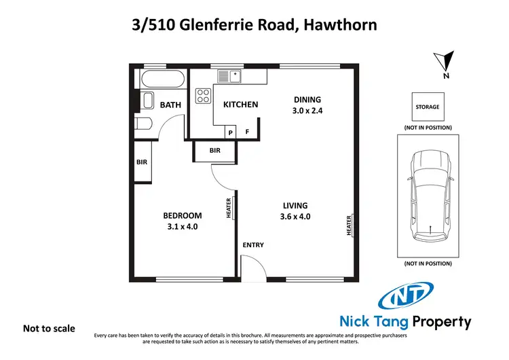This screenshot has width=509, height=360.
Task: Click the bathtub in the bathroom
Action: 160,80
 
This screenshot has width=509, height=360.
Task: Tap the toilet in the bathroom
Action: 143,123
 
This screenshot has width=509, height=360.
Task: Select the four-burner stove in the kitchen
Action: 204,96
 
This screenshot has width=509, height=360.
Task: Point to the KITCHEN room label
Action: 241,105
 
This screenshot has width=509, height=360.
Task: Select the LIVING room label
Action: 295,205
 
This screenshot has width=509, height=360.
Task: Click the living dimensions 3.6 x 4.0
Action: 295,217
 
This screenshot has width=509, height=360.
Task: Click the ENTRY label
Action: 253,245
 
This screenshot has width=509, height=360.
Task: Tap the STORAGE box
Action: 428,107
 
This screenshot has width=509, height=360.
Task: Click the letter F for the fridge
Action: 248,132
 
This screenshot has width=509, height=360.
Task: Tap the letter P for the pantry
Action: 231,132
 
